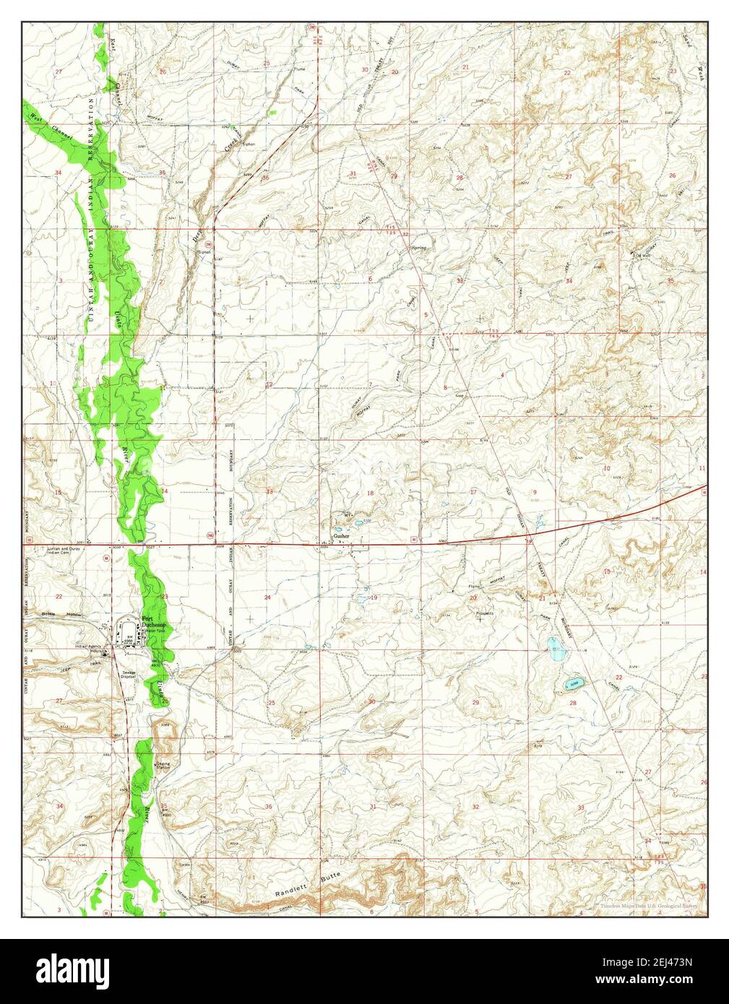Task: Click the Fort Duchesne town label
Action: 152,623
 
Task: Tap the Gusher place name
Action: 341,537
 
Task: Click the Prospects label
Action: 484,613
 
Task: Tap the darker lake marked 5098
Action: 571,683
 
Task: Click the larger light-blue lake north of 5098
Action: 556,649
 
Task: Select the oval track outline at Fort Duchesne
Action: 128,626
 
